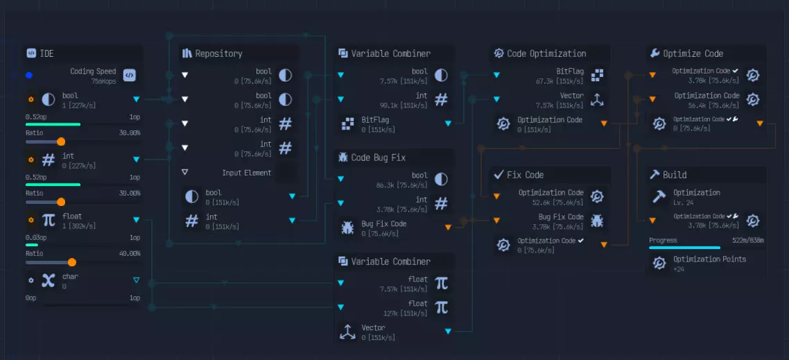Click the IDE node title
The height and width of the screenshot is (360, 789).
tap(46, 53)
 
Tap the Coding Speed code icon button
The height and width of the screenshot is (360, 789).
tap(129, 75)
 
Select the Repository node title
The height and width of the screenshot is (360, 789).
tap(218, 53)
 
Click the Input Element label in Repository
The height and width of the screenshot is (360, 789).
tap(247, 173)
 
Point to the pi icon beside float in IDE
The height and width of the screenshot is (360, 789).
tap(49, 220)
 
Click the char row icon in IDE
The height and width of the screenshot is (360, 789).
tap(49, 280)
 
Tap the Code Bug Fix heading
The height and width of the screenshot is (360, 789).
tap(378, 157)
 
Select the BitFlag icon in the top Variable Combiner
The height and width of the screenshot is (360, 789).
tap(348, 123)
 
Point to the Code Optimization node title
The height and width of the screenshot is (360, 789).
tap(546, 53)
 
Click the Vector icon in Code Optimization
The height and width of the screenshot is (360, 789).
tap(597, 99)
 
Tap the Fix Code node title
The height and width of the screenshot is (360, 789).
tap(525, 175)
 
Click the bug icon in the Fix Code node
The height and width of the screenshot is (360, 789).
tap(597, 221)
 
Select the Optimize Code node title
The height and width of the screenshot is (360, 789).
tap(693, 53)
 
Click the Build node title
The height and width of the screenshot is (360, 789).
tap(674, 175)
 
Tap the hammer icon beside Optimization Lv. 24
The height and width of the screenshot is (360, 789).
tap(659, 196)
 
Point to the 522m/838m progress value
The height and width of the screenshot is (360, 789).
tap(747, 240)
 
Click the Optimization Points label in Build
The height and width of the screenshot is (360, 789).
tap(709, 259)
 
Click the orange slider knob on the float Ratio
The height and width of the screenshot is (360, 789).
tap(71, 262)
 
